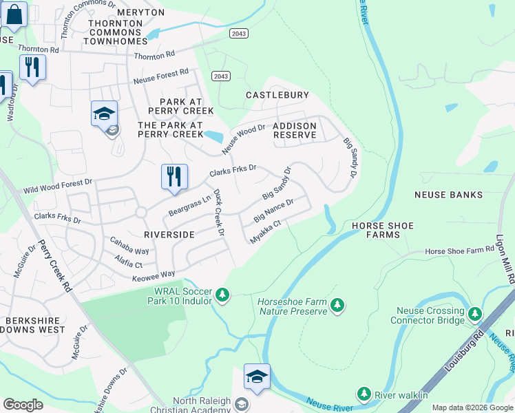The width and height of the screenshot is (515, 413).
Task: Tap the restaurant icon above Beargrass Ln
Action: [x=174, y=176]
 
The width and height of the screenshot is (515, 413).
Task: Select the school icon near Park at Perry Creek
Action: [x=104, y=114]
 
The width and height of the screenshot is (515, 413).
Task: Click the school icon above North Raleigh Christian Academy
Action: [x=256, y=377]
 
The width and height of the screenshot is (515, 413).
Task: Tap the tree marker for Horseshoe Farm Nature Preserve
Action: [x=337, y=305]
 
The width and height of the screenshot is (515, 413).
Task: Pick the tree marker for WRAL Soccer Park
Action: [x=222, y=295]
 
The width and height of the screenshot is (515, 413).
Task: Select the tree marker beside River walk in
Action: [x=364, y=394]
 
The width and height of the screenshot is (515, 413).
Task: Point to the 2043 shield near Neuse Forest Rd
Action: [x=220, y=76]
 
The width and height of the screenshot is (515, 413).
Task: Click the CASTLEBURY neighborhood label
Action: [x=278, y=95]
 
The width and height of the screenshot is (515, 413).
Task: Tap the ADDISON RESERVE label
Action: [x=295, y=131]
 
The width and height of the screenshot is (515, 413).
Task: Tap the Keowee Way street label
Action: [x=153, y=276]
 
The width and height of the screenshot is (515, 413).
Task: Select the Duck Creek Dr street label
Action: [x=218, y=213]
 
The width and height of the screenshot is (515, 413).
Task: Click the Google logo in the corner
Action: [x=23, y=405]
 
